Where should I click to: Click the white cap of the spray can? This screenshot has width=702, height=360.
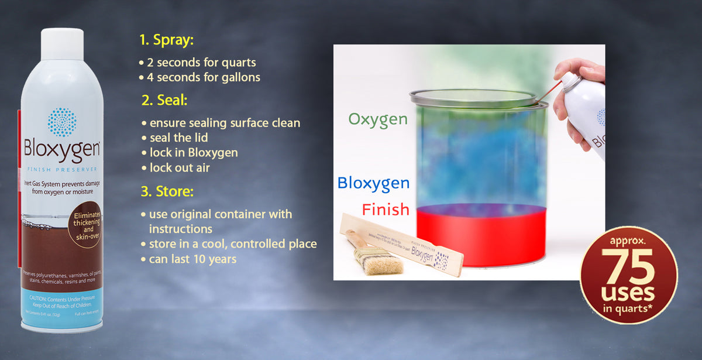[62, 43]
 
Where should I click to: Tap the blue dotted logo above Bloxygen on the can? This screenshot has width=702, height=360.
[62, 122]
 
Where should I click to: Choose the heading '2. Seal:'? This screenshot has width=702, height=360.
[164, 100]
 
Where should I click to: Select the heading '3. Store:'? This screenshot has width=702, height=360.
[167, 191]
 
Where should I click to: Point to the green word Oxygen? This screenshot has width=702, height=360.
[378, 119]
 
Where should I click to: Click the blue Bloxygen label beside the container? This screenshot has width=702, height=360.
[373, 183]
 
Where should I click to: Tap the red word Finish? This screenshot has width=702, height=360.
[385, 209]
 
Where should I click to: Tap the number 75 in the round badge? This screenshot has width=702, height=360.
[628, 267]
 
